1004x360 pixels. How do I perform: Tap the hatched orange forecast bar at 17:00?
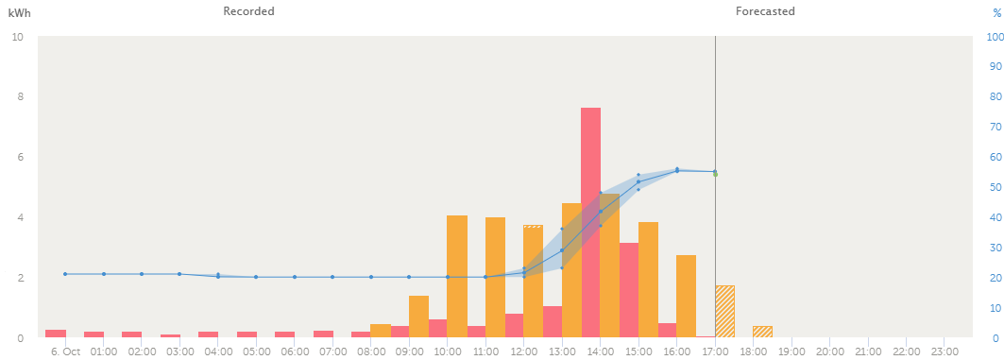coord(724,311)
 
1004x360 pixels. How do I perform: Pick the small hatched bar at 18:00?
coord(762,332)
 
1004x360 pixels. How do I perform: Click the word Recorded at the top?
coord(248,11)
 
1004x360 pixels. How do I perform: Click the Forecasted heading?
coord(765,11)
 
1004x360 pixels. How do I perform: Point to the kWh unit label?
coord(19,12)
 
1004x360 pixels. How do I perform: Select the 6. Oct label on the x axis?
coord(65,351)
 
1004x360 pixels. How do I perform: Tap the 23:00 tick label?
coord(944,351)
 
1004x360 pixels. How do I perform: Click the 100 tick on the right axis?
coord(994,37)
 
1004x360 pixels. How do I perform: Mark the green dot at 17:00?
coord(715,175)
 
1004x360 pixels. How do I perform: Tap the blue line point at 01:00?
coord(104,274)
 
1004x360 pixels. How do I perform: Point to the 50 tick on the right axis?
coord(994,187)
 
